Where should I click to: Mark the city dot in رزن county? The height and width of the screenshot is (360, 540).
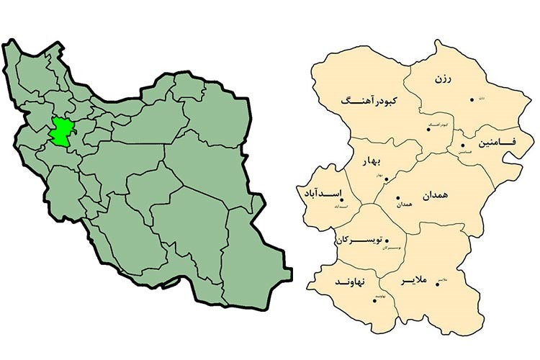[472, 99]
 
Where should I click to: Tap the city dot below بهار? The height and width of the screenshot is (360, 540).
[386, 179]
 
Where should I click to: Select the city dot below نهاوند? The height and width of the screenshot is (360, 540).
[374, 301]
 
